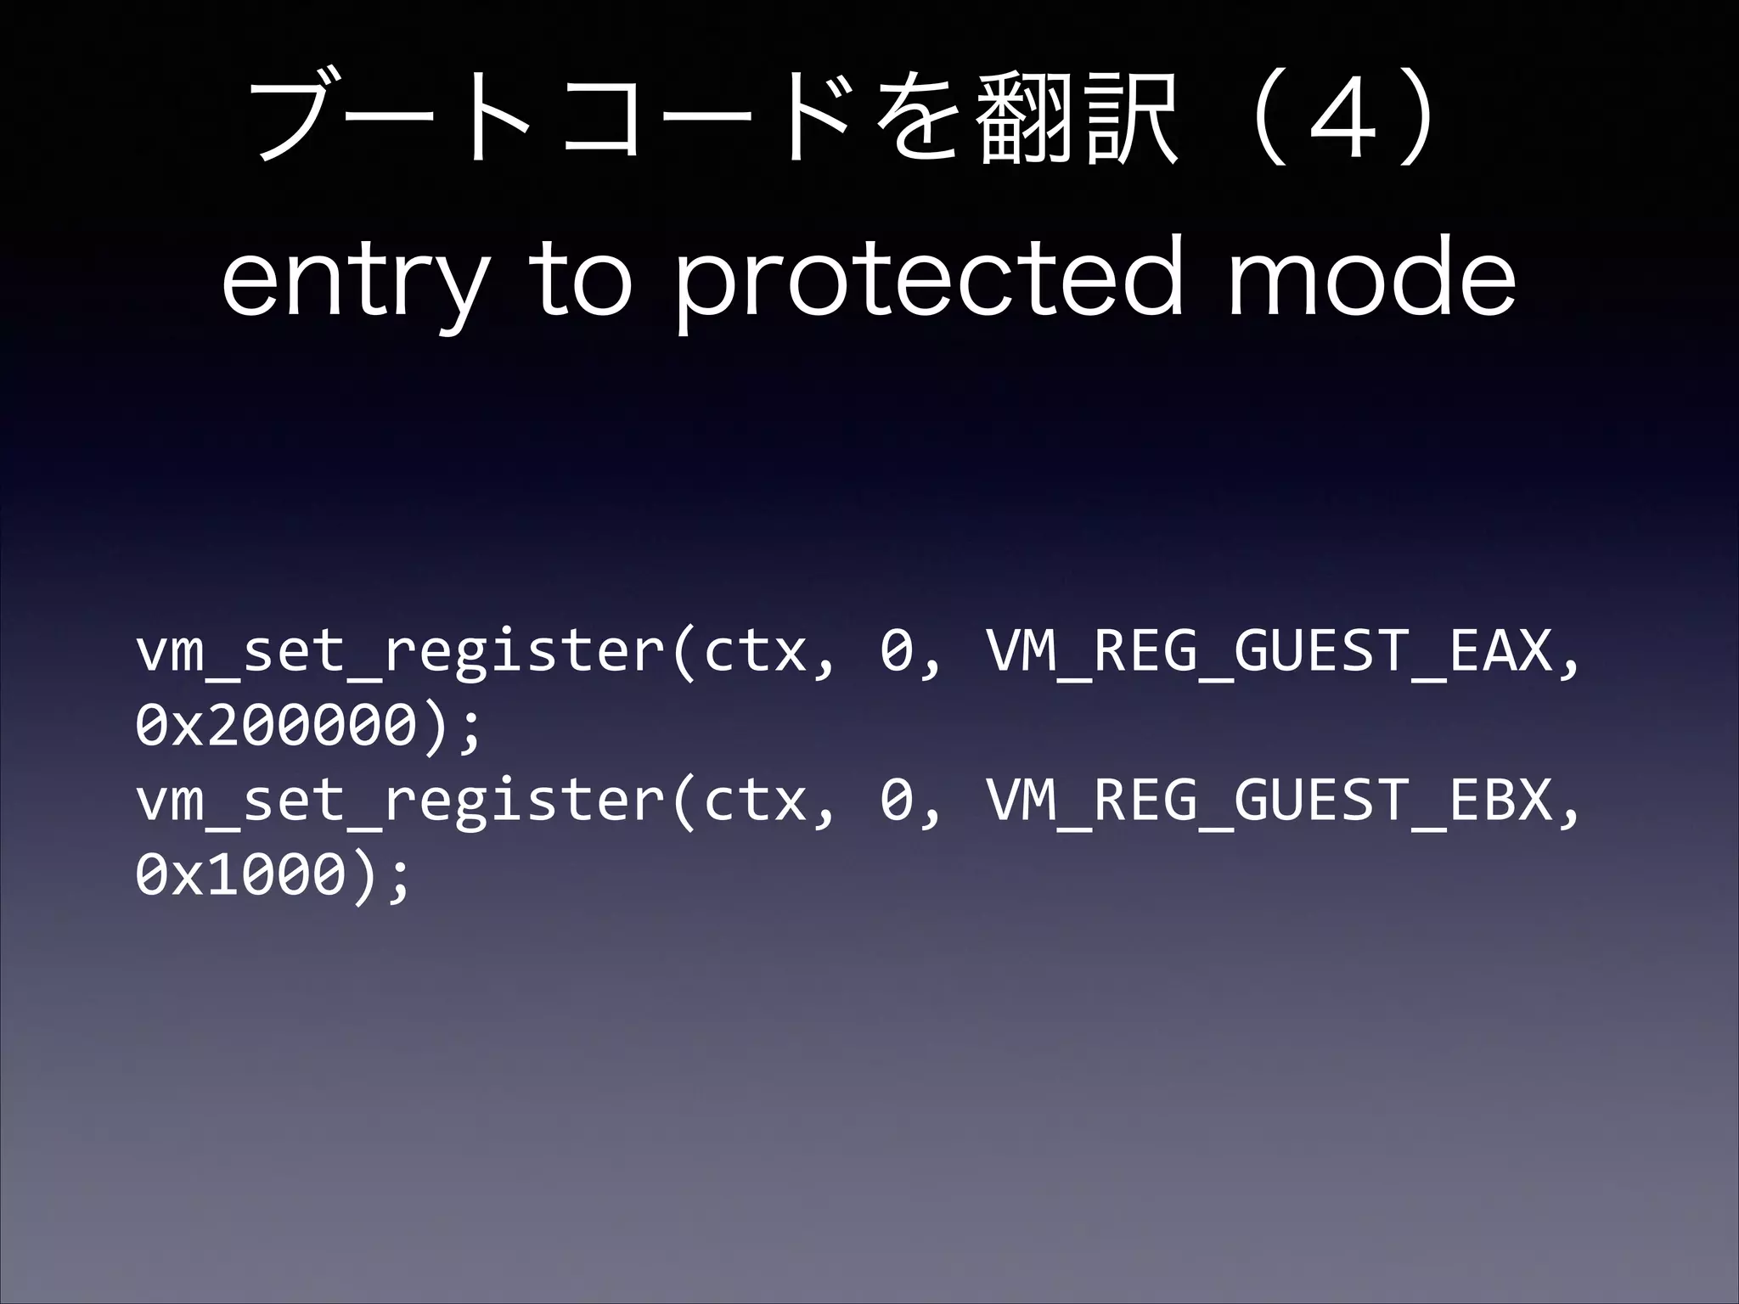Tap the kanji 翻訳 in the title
click(x=1078, y=120)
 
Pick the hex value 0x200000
click(x=275, y=727)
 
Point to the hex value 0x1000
click(x=239, y=874)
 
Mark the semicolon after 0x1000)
click(x=400, y=878)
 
